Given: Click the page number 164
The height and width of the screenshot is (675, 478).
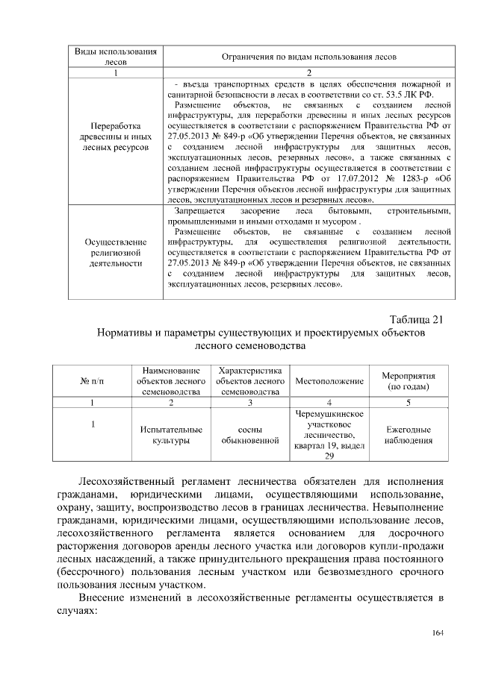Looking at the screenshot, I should (438, 633).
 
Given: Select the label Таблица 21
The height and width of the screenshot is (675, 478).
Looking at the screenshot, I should (416, 320).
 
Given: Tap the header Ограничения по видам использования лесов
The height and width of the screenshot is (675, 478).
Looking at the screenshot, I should (308, 57).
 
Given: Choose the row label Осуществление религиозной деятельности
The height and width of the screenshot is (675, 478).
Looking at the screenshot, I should (115, 253).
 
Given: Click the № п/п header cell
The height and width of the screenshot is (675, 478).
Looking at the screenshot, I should (91, 381).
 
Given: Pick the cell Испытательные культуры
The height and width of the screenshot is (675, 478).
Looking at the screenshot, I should (171, 436).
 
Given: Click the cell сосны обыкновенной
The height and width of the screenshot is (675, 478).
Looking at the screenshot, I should (249, 436).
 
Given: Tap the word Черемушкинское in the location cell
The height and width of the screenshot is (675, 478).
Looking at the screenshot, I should (329, 414).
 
